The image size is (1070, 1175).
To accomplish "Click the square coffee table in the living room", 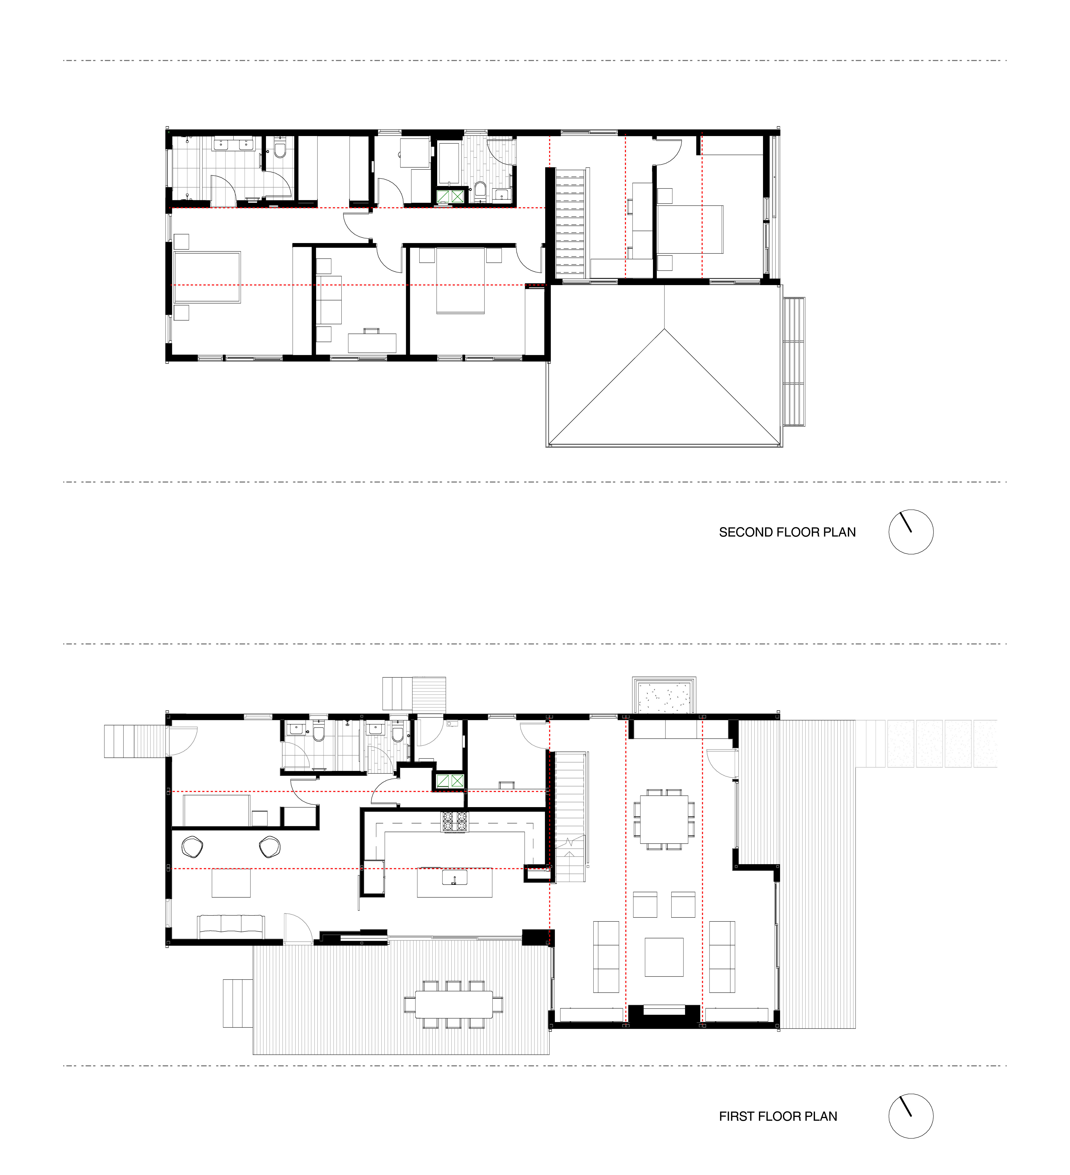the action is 664,957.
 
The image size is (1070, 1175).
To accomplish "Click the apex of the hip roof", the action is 664,329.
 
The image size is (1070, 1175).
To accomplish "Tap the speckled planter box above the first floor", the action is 664,696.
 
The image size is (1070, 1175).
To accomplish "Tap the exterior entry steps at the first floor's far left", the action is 135,741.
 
